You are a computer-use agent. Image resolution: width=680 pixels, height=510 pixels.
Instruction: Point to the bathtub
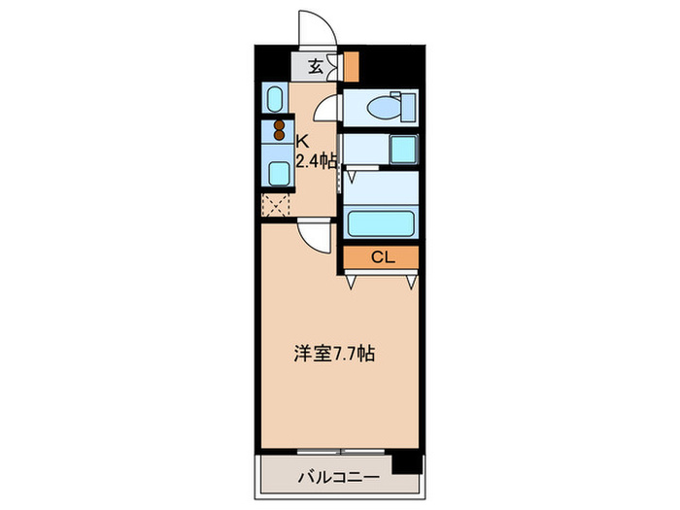[382, 224]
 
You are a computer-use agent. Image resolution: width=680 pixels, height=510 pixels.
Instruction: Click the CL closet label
[381, 256]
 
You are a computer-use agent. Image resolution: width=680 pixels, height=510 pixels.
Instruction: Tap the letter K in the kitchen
[303, 139]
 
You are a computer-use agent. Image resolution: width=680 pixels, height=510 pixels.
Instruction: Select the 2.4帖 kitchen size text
[316, 162]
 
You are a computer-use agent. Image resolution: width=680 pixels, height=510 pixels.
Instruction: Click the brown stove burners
[280, 130]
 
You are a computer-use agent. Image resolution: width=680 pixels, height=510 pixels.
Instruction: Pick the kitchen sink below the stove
[278, 173]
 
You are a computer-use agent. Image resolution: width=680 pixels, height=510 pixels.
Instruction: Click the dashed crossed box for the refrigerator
[276, 205]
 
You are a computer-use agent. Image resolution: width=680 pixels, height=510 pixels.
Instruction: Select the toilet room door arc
[331, 108]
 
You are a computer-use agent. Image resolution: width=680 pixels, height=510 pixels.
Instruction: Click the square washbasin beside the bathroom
[402, 150]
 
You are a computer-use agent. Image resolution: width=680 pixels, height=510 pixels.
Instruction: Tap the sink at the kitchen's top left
[275, 99]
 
